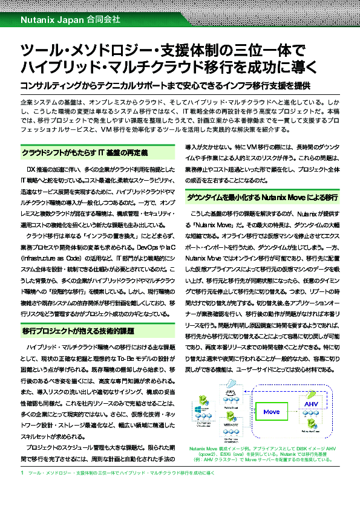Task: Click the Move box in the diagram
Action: point(272,412)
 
